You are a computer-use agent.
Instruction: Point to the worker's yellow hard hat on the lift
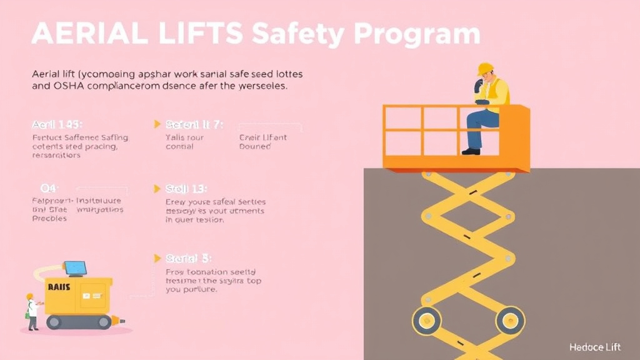pyautogui.click(x=485, y=69)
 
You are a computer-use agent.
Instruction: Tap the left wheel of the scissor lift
pyautogui.click(x=426, y=321)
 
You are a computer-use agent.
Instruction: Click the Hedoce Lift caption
pyautogui.click(x=596, y=347)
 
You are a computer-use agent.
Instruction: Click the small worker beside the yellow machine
pyautogui.click(x=31, y=311)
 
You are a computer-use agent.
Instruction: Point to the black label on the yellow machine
pyautogui.click(x=59, y=287)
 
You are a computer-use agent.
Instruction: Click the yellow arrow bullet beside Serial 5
pyautogui.click(x=157, y=257)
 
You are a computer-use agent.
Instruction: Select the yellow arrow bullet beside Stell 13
pyautogui.click(x=157, y=187)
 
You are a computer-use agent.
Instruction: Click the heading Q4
pyautogui.click(x=48, y=187)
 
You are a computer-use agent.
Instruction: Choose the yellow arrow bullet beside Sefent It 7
pyautogui.click(x=157, y=124)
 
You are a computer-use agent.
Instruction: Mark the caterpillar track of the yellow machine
pyautogui.click(x=79, y=322)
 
